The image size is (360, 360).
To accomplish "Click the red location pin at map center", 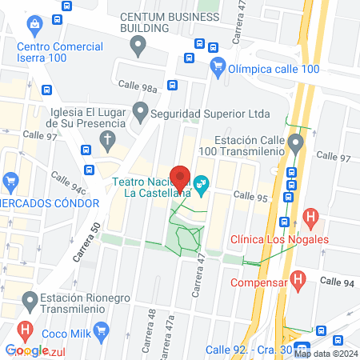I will click(180, 178).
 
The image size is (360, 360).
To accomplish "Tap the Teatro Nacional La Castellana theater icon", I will click(202, 186).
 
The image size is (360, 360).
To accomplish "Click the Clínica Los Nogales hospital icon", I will click(312, 217).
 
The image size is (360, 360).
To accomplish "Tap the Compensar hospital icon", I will click(298, 281).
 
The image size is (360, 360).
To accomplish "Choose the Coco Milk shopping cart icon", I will click(102, 329).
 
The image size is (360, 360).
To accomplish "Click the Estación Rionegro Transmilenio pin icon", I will click(31, 302).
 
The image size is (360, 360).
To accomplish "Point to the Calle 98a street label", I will click(137, 85).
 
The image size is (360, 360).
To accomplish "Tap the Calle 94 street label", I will click(335, 280).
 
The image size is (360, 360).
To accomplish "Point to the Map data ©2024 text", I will click(325, 353).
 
